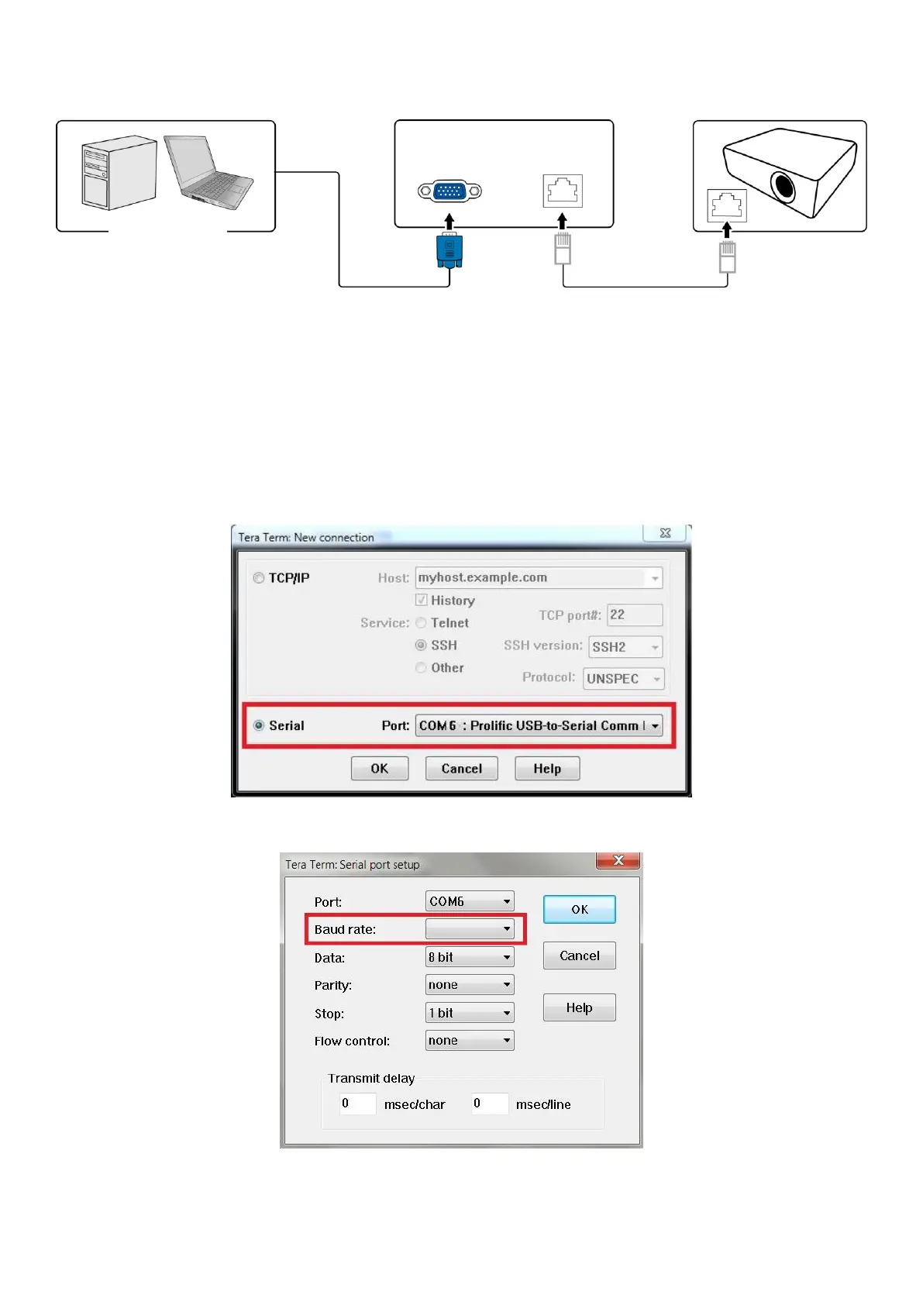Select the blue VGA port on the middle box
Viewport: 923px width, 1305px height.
point(449,191)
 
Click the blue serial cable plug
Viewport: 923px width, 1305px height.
point(449,250)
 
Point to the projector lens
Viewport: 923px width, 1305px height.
point(783,186)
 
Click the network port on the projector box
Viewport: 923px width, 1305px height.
point(727,206)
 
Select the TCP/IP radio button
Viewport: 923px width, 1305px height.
point(259,578)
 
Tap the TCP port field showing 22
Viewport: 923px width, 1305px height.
point(634,615)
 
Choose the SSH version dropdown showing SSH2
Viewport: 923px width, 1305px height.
point(625,647)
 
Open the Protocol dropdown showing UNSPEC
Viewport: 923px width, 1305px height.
point(624,679)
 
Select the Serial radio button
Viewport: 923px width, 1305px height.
point(259,726)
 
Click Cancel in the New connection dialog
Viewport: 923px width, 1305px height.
point(461,769)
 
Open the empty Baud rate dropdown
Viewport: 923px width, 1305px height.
point(470,929)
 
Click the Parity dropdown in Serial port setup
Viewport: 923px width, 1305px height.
point(470,985)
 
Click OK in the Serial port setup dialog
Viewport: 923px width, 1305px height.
point(579,910)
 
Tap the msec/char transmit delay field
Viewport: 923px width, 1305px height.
point(357,1104)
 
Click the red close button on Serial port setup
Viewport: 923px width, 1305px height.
point(618,861)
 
